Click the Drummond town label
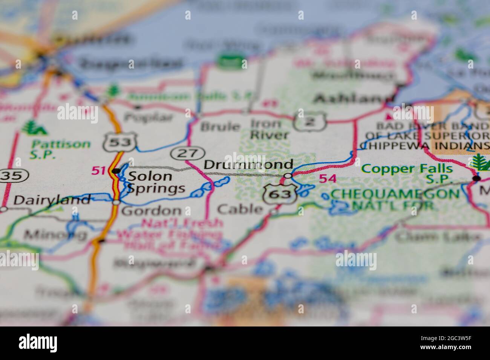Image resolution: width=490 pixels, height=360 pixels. [248, 165]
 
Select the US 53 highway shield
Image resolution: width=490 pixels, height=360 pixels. [119, 142]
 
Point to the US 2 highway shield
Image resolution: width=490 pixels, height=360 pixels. [309, 121]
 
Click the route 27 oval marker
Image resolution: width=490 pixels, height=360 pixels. [188, 153]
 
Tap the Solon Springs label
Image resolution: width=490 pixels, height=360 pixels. [155, 182]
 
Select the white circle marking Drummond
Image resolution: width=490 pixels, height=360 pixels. [288, 176]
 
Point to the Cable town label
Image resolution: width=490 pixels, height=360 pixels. [240, 209]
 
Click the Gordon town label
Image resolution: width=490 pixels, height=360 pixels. [151, 211]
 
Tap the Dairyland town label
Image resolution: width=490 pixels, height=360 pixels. [52, 200]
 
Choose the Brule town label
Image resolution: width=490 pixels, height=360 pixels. [220, 127]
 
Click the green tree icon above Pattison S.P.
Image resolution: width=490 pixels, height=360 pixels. [34, 128]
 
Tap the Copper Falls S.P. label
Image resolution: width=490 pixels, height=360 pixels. [407, 173]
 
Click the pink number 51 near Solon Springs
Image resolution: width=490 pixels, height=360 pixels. [98, 171]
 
